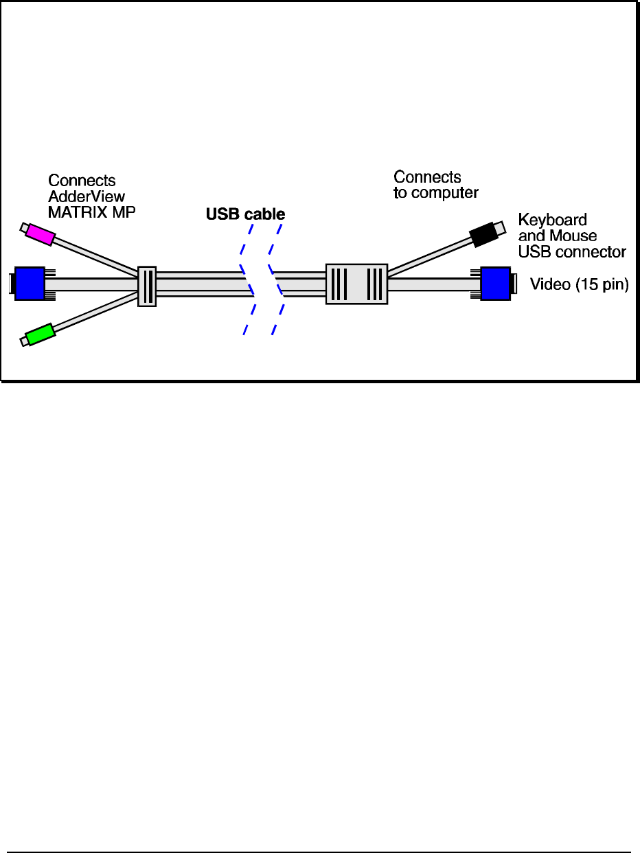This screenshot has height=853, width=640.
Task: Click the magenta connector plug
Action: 40,234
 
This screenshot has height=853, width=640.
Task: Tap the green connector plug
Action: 40,334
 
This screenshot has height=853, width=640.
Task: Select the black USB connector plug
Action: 484,235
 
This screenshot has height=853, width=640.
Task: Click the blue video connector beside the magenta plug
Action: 30,284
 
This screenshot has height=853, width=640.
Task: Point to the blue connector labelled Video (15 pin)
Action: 495,284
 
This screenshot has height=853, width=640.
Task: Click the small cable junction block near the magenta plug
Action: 147,286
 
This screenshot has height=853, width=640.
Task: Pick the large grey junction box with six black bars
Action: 356,284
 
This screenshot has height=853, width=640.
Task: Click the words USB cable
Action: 245,214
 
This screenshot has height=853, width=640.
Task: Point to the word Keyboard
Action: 552,220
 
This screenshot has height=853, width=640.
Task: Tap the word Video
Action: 550,284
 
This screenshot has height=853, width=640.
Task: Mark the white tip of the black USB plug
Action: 502,225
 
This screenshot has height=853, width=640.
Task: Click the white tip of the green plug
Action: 25,341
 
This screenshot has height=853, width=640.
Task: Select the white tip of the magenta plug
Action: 25,227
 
